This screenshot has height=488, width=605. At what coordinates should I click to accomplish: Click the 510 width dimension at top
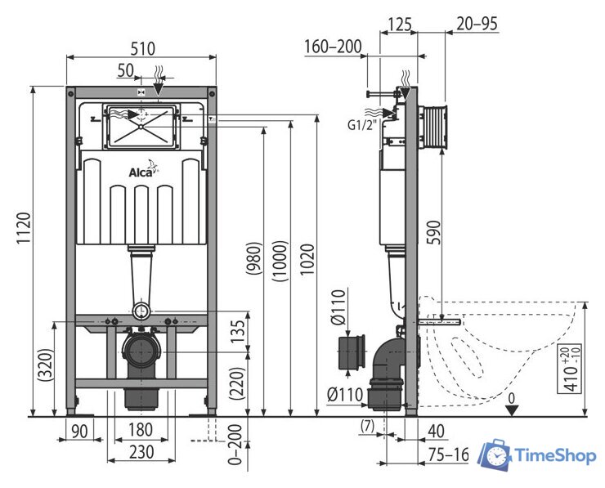pos(141,48)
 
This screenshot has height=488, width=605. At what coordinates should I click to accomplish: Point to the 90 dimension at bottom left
pos(78,431)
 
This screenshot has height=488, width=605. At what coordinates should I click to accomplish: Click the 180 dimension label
pos(141,431)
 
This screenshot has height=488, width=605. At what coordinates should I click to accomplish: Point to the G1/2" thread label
pos(362,125)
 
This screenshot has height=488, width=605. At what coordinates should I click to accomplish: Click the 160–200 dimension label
pos(333,47)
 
